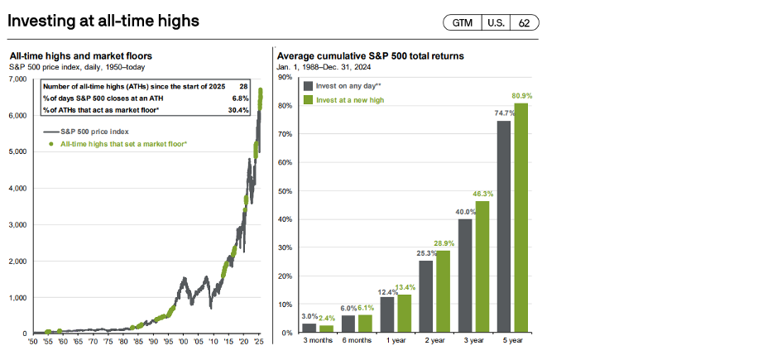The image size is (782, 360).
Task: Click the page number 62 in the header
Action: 524,22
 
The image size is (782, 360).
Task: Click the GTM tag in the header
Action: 462,22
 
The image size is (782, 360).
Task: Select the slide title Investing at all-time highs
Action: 103,21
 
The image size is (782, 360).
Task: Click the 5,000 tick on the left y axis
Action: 17,151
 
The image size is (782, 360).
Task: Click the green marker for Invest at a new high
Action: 309,99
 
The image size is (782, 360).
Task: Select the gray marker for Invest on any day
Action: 309,85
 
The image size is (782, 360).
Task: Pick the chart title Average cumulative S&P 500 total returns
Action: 370,56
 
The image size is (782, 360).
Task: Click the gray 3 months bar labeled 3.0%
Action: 309,328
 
